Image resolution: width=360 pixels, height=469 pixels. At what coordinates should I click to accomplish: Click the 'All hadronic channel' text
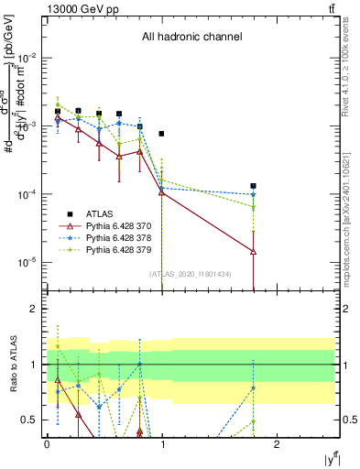click(191, 38)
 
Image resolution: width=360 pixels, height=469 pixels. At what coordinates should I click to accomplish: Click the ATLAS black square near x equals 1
click(162, 134)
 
